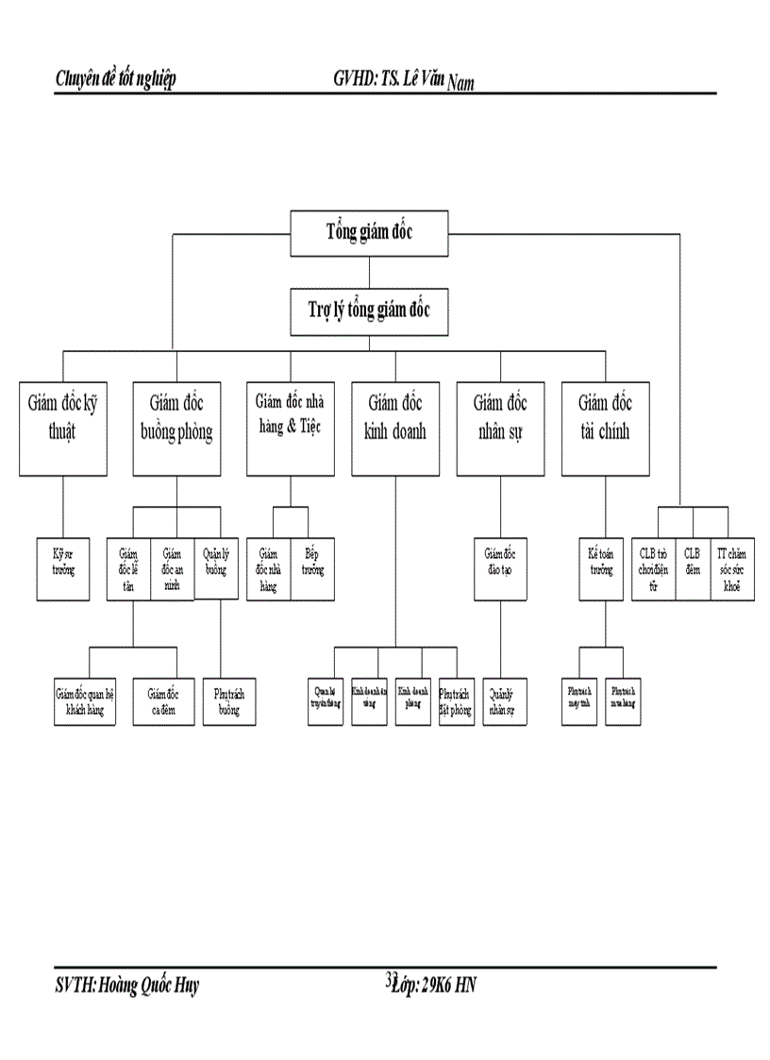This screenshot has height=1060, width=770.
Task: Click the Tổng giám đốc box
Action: coord(370,232)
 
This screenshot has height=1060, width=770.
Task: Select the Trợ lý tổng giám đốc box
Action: coord(370,311)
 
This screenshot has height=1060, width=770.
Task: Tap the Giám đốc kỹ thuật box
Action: coord(63,428)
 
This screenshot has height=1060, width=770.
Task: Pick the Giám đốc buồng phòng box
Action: coord(176,428)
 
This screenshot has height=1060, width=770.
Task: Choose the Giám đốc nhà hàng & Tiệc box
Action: coord(290,428)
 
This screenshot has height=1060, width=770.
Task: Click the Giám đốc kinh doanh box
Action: coord(395,428)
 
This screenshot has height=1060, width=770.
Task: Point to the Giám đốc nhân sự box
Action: coord(500,428)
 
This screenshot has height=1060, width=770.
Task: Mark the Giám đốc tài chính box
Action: coord(605,428)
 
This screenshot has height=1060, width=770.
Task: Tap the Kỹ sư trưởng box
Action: coord(63,569)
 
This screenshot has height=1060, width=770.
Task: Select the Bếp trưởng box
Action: coord(311,569)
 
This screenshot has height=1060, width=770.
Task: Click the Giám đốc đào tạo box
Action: coord(500,569)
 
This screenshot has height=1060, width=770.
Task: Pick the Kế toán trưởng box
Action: coord(600,569)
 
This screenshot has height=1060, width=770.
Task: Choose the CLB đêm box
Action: coord(693,569)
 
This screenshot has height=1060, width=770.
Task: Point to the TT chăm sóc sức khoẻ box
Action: coord(731,569)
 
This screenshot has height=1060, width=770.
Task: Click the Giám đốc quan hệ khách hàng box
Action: coord(85,701)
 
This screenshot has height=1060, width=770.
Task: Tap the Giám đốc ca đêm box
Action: coord(162,701)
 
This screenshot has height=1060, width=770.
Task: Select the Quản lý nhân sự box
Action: coord(505,701)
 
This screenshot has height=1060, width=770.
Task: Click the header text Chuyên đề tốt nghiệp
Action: coord(116,79)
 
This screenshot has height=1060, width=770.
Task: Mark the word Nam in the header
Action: coord(460,85)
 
